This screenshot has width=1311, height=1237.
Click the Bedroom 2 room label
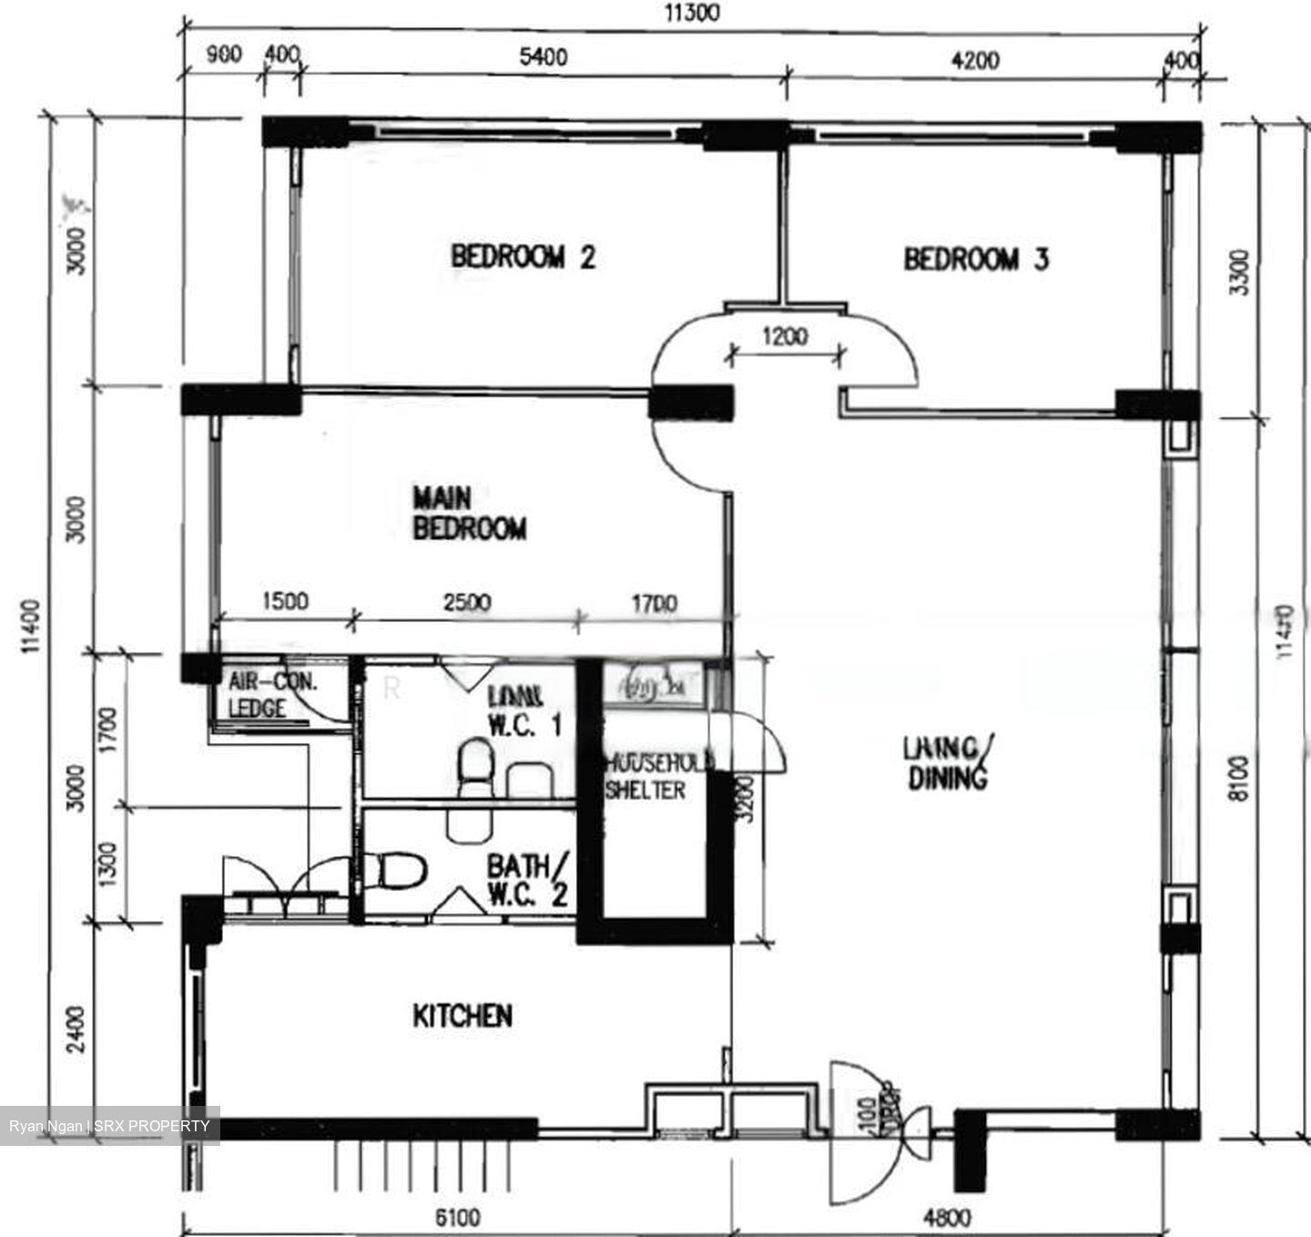523,257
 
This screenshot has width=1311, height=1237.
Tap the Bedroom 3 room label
975,260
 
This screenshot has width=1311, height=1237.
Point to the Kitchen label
462,1016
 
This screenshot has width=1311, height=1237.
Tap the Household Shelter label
657,776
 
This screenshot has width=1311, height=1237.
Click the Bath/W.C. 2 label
527,879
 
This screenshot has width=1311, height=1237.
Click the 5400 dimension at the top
543,56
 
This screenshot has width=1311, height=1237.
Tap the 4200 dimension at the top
974,60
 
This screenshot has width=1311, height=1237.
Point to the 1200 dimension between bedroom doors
785,337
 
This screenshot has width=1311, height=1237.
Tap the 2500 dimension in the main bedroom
466,602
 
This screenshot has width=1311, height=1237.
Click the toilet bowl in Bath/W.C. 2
401,870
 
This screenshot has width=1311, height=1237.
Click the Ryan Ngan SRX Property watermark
109,1126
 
